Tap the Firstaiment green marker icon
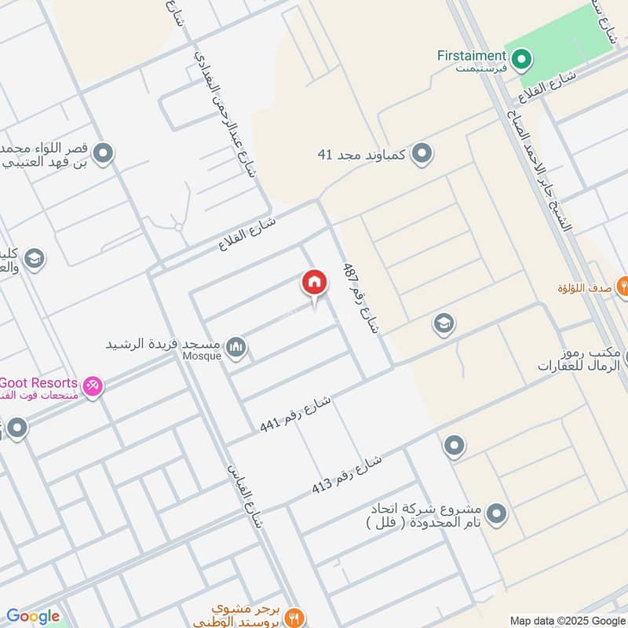520,57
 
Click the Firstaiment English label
471,56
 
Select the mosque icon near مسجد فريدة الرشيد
235,346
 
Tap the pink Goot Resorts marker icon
93,385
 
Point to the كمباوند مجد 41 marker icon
422,154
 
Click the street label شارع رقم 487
360,299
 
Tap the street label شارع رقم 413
346,473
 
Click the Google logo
33,616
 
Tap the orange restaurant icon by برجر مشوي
295,616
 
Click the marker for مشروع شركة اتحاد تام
496,515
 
